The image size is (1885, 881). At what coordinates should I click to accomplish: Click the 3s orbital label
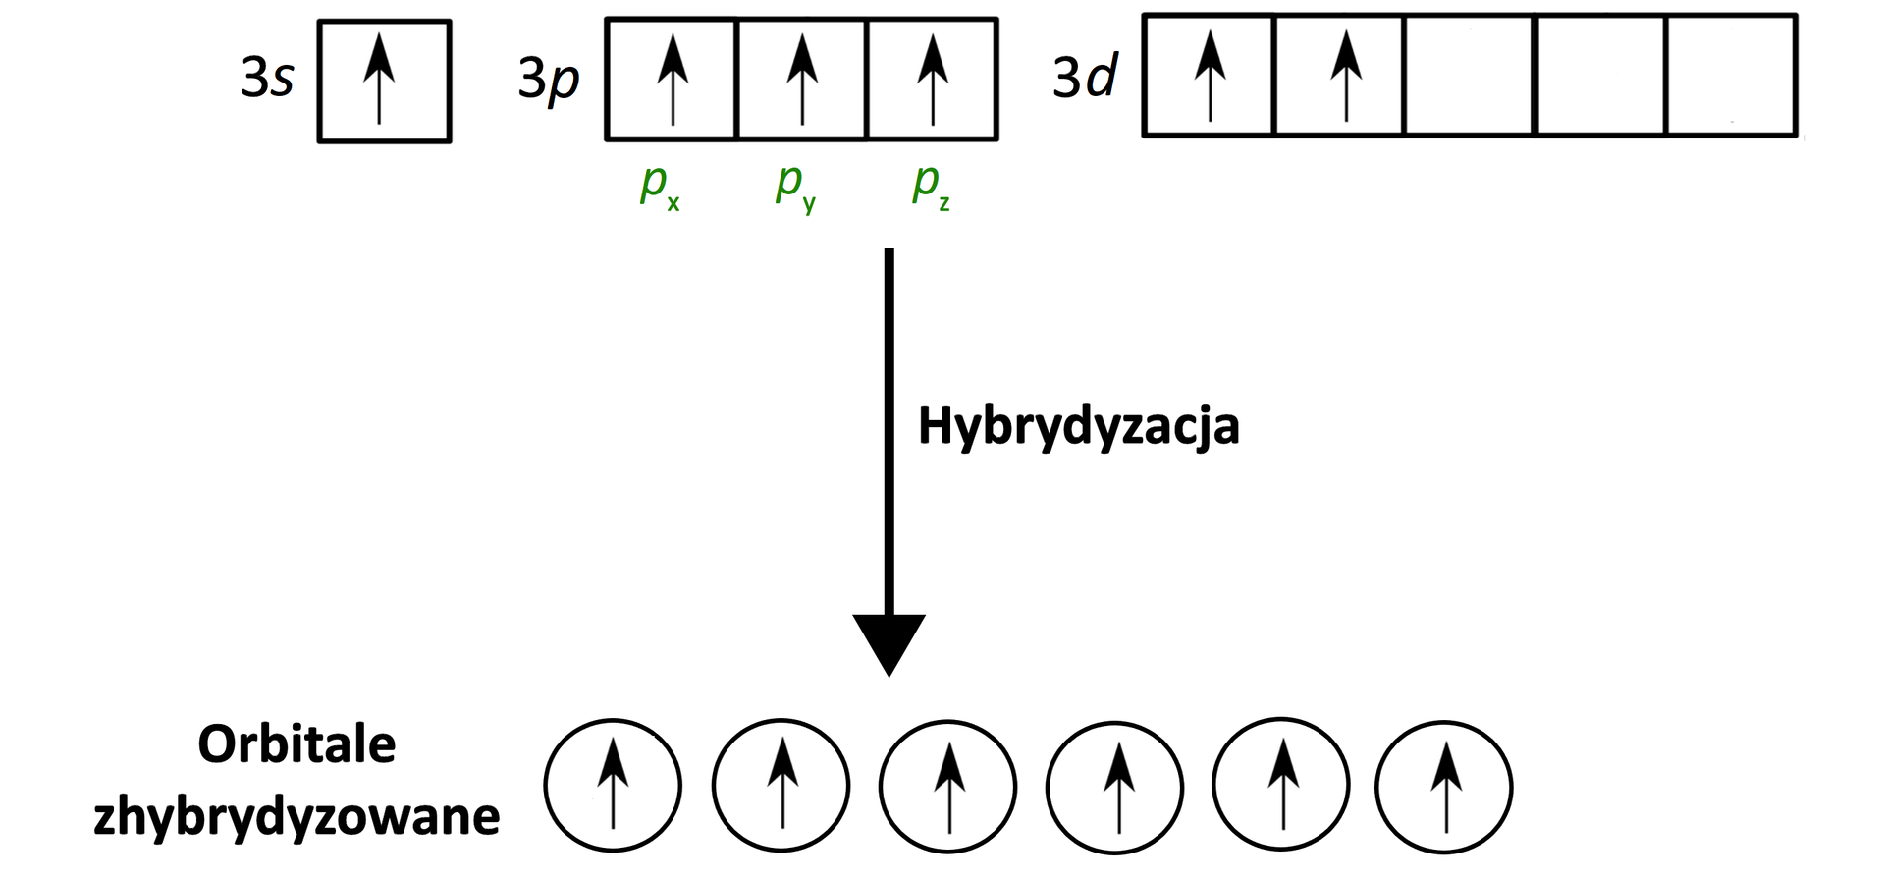tap(267, 78)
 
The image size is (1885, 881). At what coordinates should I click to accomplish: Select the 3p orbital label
tap(548, 80)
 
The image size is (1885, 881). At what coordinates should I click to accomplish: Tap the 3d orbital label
tap(1085, 77)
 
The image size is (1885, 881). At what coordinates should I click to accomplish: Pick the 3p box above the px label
tap(672, 80)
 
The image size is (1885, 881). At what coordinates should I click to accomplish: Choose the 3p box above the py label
tap(802, 80)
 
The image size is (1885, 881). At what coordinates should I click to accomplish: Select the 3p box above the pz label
tap(932, 80)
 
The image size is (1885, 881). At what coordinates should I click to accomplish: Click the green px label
tap(659, 186)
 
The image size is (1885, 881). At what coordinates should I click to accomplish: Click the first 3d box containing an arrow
tap(1210, 76)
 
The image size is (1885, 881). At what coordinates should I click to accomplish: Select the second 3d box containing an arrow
tap(1340, 76)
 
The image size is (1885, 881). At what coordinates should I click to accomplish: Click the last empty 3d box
tap(1731, 76)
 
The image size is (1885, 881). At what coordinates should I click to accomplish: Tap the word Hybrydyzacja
tap(1078, 427)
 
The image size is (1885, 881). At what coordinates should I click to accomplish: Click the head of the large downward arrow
tap(889, 642)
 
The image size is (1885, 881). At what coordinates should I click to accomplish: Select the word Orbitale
tap(296, 744)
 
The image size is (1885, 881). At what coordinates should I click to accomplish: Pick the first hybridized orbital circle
tap(613, 786)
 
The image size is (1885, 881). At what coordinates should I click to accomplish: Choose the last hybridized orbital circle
tap(1443, 787)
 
